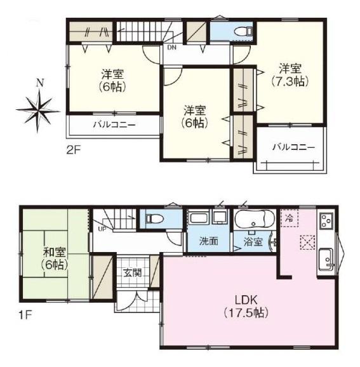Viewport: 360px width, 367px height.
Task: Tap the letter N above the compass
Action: click(x=39, y=83)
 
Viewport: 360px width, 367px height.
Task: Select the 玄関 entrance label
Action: click(x=133, y=273)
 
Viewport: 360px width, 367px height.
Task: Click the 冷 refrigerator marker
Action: click(x=290, y=217)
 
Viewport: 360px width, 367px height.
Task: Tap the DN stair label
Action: click(x=171, y=47)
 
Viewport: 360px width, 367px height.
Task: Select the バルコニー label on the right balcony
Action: click(x=293, y=147)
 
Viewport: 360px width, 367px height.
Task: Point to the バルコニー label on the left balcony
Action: click(x=114, y=124)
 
